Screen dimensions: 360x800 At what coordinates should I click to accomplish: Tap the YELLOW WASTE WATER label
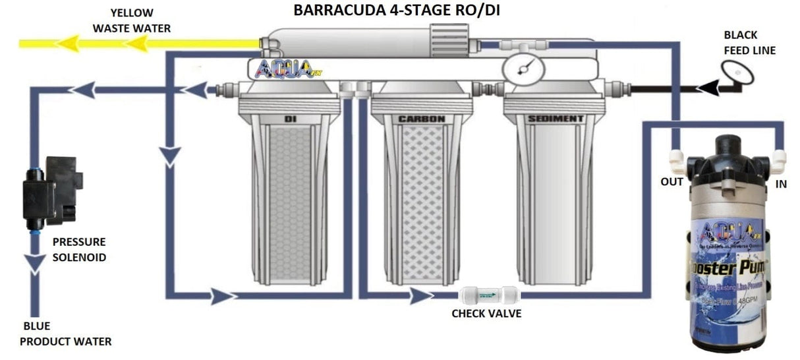tap(131, 20)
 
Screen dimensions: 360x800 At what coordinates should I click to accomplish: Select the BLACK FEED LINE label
tap(749, 42)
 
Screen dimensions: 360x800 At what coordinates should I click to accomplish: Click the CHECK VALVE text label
tap(486, 314)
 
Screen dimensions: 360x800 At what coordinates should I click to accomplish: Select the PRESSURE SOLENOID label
tap(78, 249)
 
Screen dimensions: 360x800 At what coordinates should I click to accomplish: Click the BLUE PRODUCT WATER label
tap(65, 334)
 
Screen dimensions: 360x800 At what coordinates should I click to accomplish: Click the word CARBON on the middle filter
tap(421, 119)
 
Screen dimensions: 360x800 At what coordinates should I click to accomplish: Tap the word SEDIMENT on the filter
tap(556, 119)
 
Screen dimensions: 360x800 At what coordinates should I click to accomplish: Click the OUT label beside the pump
tap(671, 182)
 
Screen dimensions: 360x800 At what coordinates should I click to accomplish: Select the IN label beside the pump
tap(781, 185)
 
